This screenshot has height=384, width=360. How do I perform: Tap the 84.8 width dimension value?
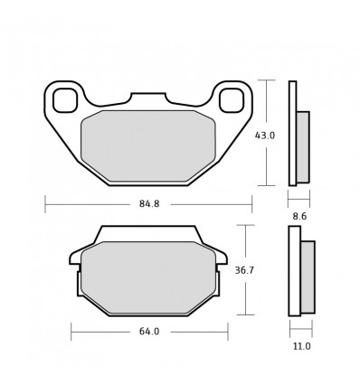click(149, 203)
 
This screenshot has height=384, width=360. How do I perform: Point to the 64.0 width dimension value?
click(149, 332)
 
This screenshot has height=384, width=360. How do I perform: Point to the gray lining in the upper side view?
click(303, 145)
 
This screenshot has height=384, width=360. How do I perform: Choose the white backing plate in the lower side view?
click(294, 271)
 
